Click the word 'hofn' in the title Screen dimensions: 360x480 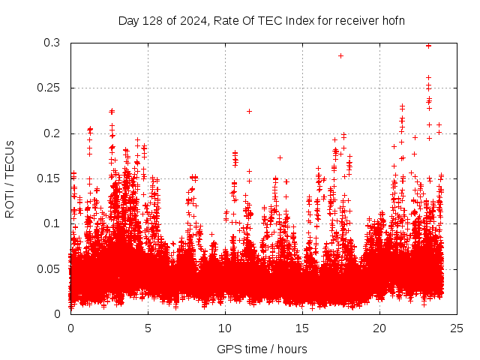(392, 20)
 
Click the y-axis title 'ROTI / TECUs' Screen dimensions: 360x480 (10, 178)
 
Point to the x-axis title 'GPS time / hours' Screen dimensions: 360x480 (262, 349)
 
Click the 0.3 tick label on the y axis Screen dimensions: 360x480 (51, 43)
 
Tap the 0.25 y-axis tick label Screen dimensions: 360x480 (48, 88)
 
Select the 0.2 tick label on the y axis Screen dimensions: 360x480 (51, 133)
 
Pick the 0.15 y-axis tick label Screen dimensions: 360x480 (48, 178)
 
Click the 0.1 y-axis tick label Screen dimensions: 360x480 (51, 223)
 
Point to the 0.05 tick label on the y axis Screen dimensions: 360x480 (48, 268)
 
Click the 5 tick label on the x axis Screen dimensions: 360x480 (148, 328)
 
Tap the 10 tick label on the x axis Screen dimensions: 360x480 (225, 328)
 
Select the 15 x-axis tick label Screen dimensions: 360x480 (302, 328)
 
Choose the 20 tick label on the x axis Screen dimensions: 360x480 (379, 328)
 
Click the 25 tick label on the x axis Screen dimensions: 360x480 (457, 328)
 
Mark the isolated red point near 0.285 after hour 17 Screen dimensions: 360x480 (340, 55)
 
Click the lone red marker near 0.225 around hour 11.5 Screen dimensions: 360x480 (249, 111)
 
